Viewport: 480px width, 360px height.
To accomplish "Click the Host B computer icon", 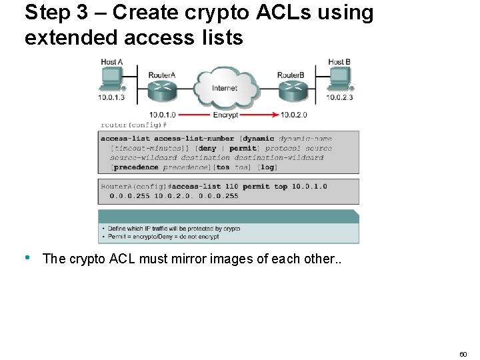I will pyautogui.click(x=340, y=79).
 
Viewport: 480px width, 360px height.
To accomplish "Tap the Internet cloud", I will pyautogui.click(x=225, y=87).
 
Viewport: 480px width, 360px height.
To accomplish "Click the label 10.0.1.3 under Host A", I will pyautogui.click(x=112, y=98).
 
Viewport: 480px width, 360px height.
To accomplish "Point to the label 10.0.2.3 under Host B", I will pyautogui.click(x=340, y=98).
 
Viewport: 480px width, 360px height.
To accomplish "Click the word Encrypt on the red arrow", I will pyautogui.click(x=225, y=115).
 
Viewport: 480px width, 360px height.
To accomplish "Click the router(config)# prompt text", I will pyautogui.click(x=133, y=125).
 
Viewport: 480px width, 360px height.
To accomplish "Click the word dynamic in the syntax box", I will pyautogui.click(x=259, y=139).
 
